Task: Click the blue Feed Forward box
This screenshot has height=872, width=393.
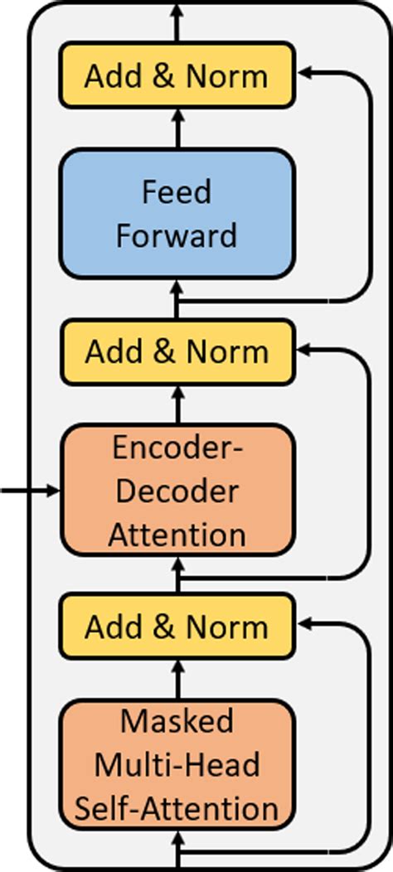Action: pyautogui.click(x=177, y=213)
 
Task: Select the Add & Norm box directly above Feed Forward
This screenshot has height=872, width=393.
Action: pyautogui.click(x=177, y=76)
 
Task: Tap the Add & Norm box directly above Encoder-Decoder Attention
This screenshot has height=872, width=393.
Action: pyautogui.click(x=177, y=351)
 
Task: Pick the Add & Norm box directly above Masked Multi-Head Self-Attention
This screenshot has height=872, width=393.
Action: pyautogui.click(x=177, y=627)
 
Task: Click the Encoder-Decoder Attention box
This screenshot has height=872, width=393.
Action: pyautogui.click(x=177, y=491)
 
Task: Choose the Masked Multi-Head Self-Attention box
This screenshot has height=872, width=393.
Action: pyautogui.click(x=177, y=764)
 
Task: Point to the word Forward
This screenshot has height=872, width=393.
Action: pyautogui.click(x=177, y=235)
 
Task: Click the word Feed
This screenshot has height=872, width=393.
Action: pyautogui.click(x=177, y=192)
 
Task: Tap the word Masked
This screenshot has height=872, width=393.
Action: pyautogui.click(x=177, y=721)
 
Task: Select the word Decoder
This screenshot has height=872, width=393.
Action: pyautogui.click(x=177, y=491)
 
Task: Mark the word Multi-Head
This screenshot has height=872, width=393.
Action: pyautogui.click(x=177, y=764)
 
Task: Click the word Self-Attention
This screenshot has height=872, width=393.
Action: pyautogui.click(x=177, y=807)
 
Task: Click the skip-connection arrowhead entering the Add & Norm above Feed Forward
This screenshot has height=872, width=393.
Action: pyautogui.click(x=303, y=73)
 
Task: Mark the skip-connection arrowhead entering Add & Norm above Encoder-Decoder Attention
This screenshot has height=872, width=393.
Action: pyautogui.click(x=303, y=349)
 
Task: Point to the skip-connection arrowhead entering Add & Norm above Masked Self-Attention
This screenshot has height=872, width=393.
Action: pyautogui.click(x=303, y=624)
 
